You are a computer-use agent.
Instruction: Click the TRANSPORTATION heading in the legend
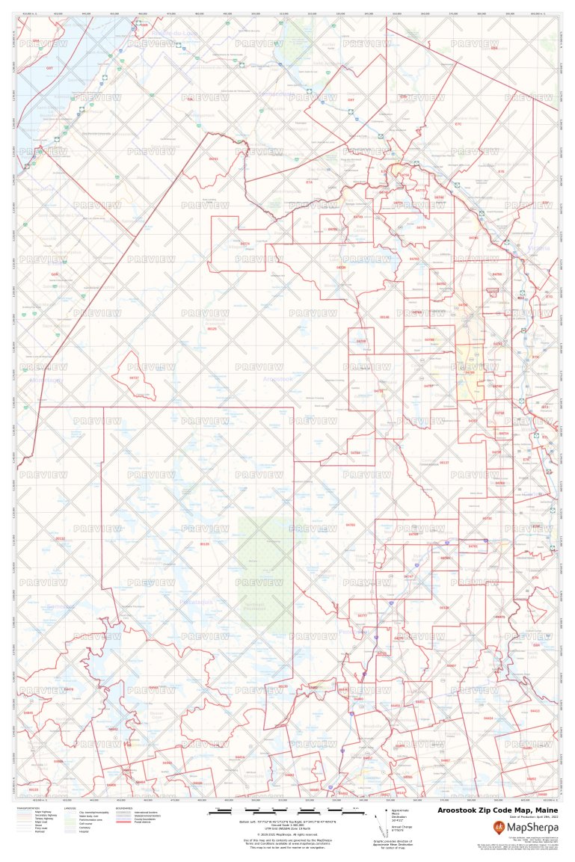[x=27, y=807]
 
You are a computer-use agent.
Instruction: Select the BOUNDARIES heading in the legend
[x=124, y=807]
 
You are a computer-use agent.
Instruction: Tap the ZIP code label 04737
[x=135, y=378]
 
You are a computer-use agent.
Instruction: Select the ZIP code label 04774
[x=245, y=244]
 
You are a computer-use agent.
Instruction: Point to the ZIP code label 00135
[x=205, y=544]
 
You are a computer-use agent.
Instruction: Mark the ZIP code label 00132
[x=60, y=538]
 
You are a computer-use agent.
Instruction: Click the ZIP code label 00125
[x=212, y=328]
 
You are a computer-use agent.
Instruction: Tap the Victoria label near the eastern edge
[x=538, y=247]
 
